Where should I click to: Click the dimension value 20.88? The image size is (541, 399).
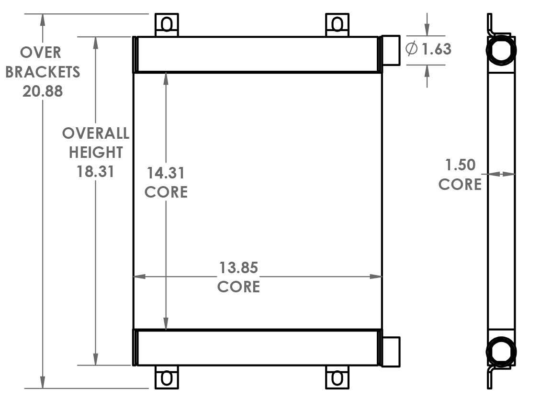tap(42, 91)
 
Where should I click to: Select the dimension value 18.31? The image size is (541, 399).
tap(96, 171)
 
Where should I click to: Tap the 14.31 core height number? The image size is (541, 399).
tap(166, 172)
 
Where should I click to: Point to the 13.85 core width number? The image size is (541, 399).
tap(238, 267)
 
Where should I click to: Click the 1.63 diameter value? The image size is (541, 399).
tap(436, 49)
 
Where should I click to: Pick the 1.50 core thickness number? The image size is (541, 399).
tap(460, 165)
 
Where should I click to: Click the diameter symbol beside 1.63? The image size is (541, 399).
tap(412, 49)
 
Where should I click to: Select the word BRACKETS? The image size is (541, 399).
tap(43, 72)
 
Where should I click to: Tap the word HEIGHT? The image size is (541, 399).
tap(96, 152)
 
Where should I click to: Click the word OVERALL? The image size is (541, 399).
tap(96, 133)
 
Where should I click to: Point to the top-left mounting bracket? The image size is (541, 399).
tap(167, 24)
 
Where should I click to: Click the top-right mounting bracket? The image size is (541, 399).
tap(337, 24)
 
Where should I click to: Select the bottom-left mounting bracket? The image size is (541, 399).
tap(167, 377)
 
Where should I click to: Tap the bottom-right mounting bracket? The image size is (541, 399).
tap(337, 377)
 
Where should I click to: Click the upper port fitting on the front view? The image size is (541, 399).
tap(391, 50)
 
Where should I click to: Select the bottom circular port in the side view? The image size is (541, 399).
tap(501, 352)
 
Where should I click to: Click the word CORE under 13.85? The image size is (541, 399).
tap(238, 287)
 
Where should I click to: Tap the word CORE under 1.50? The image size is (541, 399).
tap(460, 184)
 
